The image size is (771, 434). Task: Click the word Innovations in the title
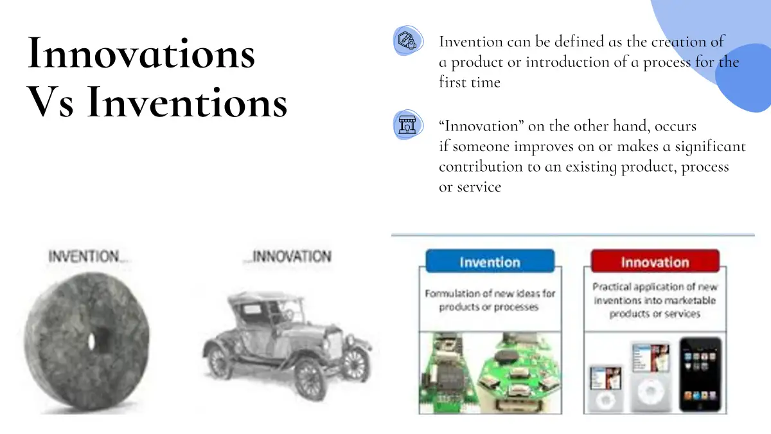(x=141, y=53)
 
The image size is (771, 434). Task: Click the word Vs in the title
(x=50, y=102)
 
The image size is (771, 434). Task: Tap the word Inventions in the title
(x=187, y=102)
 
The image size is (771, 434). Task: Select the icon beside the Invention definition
(x=408, y=41)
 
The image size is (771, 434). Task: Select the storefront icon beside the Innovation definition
(x=408, y=125)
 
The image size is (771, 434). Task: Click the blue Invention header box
(x=490, y=262)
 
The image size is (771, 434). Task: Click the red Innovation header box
(x=655, y=262)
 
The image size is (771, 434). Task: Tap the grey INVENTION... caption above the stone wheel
(x=87, y=257)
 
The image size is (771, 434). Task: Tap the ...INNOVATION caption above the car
(x=287, y=257)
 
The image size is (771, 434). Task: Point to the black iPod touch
(x=700, y=375)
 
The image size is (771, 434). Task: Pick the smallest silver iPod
(x=605, y=388)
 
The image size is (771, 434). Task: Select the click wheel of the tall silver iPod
(x=650, y=393)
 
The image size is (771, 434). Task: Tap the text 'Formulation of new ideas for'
(x=490, y=293)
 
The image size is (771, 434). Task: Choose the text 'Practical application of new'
(x=655, y=287)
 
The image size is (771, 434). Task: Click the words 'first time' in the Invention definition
(x=470, y=82)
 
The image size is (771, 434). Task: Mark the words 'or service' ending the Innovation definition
(x=470, y=187)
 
